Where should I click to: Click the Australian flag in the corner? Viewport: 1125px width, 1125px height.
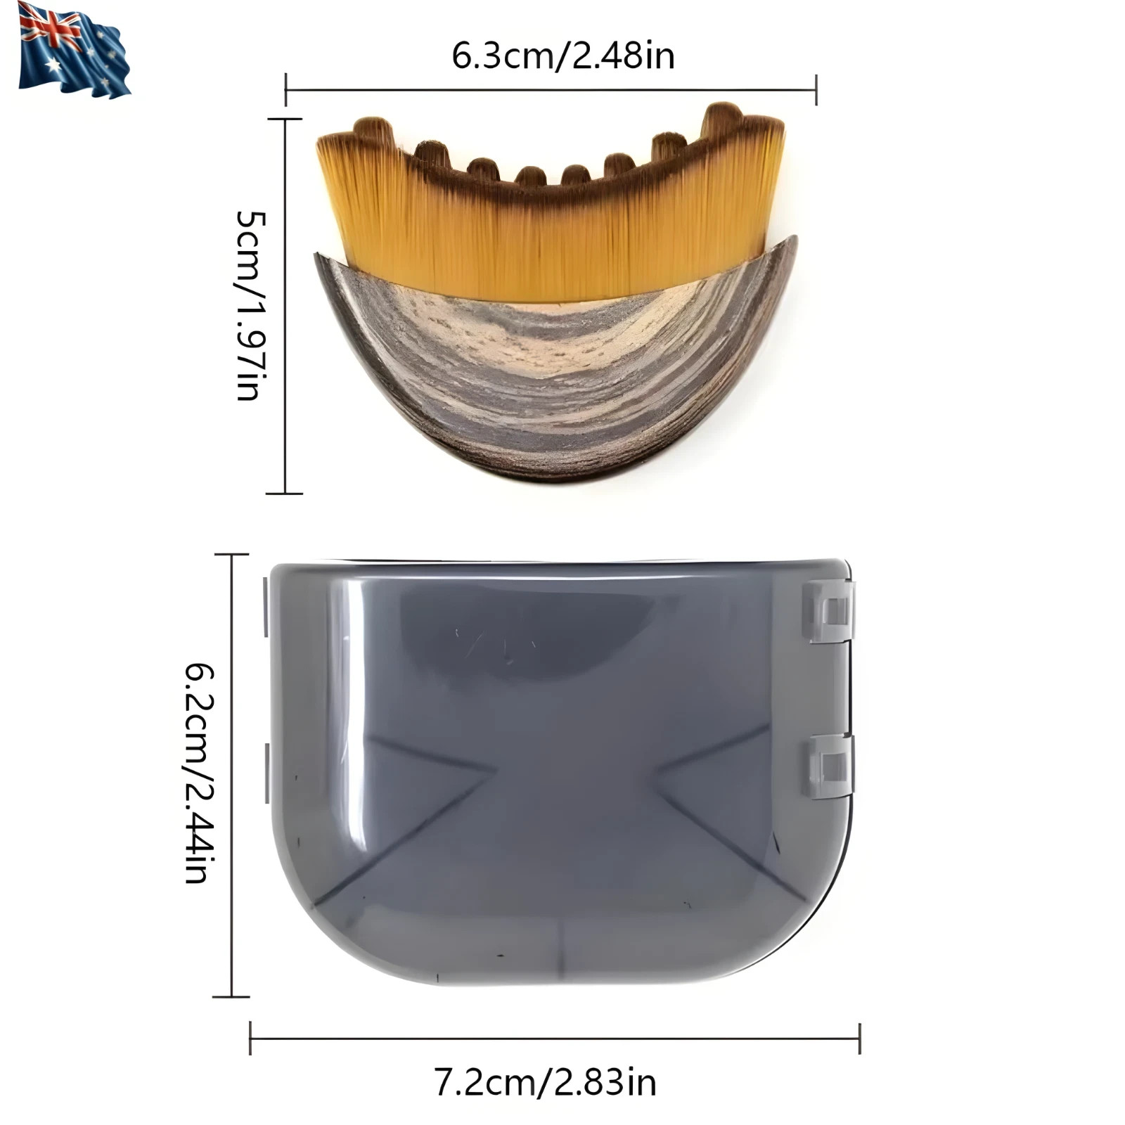coord(74,50)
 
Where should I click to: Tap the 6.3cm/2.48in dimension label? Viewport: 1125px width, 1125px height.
coord(563,56)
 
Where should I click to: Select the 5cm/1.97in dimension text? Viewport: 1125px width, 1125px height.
coord(251,305)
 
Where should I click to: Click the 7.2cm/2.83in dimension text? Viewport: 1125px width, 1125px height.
coord(546,1082)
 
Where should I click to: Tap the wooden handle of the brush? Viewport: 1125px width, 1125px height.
coord(555,380)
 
